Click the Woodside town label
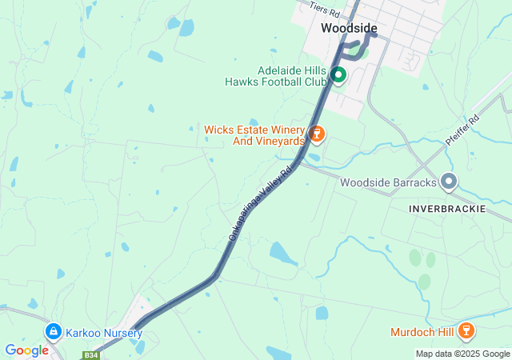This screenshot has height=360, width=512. pyautogui.click(x=349, y=28)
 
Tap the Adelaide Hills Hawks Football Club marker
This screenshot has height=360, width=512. pyautogui.click(x=338, y=75)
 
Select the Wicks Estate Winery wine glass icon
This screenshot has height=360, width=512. pyautogui.click(x=317, y=134)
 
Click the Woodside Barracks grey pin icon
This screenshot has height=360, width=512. pyautogui.click(x=449, y=182)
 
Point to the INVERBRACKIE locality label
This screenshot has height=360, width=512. pyautogui.click(x=449, y=208)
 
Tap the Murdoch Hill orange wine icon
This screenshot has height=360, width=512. pyautogui.click(x=467, y=331)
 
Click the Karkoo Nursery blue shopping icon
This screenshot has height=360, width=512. pyautogui.click(x=54, y=330)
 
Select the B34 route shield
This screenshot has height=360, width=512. pyautogui.click(x=91, y=354)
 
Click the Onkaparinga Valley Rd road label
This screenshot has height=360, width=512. pyautogui.click(x=262, y=203)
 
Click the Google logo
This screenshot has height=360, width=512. pyautogui.click(x=26, y=350)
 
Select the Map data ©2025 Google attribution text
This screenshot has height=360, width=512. pyautogui.click(x=462, y=354)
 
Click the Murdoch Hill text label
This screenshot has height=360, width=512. pyautogui.click(x=422, y=332)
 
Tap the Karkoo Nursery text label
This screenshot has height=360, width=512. pyautogui.click(x=104, y=333)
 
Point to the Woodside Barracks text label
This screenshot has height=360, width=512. pyautogui.click(x=388, y=182)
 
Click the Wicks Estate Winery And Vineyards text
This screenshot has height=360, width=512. pyautogui.click(x=254, y=135)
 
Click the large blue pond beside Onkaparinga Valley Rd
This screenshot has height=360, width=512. pyautogui.click(x=283, y=254)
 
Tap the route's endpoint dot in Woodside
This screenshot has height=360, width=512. pyautogui.click(x=373, y=35)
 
